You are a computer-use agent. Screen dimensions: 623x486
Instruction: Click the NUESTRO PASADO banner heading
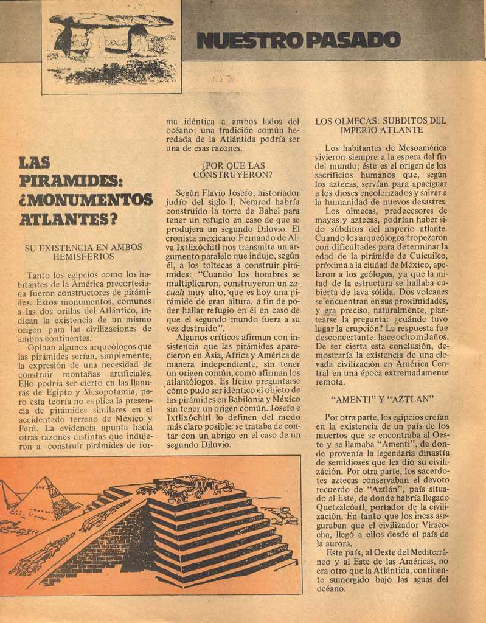coord(299,40)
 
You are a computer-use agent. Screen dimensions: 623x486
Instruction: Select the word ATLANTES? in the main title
coord(68,218)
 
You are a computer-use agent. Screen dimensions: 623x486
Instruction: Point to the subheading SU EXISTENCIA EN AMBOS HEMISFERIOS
coord(83,252)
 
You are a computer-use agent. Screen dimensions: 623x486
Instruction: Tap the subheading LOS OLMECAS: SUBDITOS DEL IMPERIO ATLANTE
coord(381,125)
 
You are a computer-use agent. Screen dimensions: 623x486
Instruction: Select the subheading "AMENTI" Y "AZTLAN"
coord(381,400)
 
